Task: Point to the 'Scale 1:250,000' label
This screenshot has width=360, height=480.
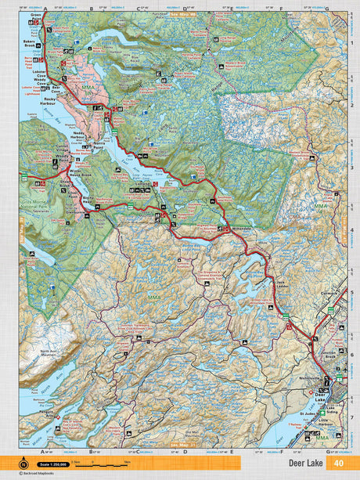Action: coord(55,464)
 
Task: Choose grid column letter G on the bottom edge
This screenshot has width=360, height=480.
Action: coord(326,451)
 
